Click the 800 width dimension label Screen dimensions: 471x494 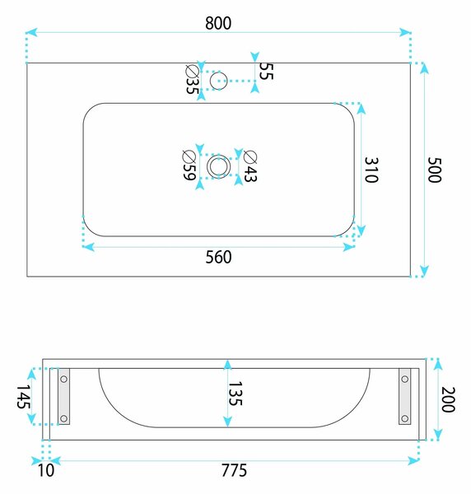point(218,23)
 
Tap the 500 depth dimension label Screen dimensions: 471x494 point(435,170)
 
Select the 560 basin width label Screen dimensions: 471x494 point(218,257)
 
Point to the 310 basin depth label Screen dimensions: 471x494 point(371,170)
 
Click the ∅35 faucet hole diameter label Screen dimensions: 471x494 point(192,79)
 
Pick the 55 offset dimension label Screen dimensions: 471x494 point(266,71)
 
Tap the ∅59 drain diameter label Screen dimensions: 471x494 point(189,165)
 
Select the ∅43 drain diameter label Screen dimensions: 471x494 point(250,166)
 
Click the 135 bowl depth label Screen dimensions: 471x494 point(235,394)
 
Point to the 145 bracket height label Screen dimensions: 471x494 point(24,397)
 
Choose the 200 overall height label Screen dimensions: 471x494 point(448,399)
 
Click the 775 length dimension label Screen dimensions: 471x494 point(234,470)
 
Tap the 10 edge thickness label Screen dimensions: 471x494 point(46,470)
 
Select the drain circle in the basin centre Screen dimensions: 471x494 point(219,155)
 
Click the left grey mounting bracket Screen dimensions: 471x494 point(63,396)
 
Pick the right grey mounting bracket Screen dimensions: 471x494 point(405,396)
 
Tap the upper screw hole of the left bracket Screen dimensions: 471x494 point(63,379)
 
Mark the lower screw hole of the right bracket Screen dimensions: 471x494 point(405,419)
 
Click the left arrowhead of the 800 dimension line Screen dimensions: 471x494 point(31,32)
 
